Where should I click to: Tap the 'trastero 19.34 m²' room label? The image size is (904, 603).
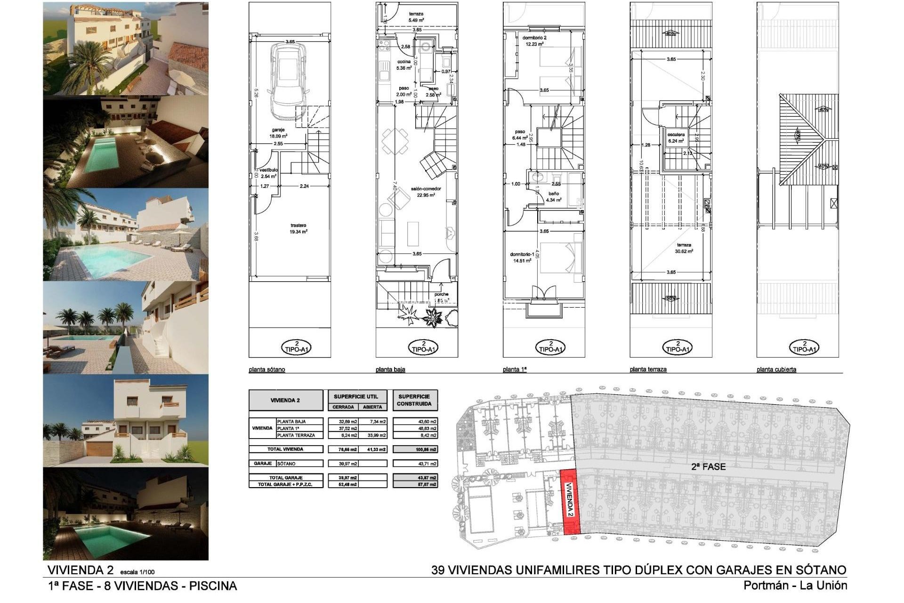click(299, 228)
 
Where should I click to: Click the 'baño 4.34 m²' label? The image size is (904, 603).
click(554, 196)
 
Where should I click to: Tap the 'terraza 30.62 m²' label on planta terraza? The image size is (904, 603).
click(684, 248)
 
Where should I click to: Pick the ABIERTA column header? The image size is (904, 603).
click(372, 407)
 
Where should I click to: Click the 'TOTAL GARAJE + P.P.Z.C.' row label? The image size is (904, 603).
click(285, 484)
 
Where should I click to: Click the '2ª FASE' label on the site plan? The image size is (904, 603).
click(708, 467)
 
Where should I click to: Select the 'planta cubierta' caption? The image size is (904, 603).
click(776, 370)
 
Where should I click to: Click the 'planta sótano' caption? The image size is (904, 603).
click(267, 370)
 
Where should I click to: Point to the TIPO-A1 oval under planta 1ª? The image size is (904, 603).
click(551, 348)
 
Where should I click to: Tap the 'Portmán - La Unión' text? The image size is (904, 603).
click(795, 586)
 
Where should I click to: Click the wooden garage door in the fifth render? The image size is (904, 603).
click(100, 448)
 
